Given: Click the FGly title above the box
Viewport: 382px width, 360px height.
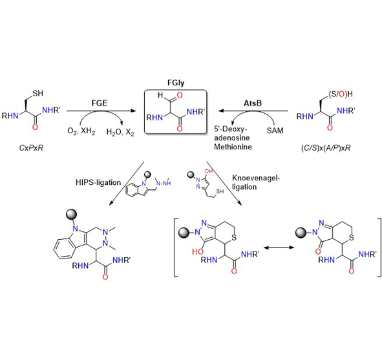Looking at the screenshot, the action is point(176,83).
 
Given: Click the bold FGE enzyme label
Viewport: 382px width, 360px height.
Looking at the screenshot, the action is point(100,103).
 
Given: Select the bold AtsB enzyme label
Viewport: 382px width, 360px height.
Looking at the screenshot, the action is point(253,103).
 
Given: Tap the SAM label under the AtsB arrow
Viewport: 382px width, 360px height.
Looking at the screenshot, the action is point(275,131).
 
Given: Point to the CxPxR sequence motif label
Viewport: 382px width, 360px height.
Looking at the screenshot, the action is point(31,148).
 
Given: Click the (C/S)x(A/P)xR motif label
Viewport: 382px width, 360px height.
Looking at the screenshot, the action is point(326,148).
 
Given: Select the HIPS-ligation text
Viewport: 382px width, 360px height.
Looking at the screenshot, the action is point(98,182).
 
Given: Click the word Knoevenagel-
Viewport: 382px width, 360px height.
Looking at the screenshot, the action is point(256,178).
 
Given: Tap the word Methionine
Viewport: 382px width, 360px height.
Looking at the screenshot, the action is point(233,147).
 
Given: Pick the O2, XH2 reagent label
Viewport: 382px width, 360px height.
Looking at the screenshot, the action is point(81,132).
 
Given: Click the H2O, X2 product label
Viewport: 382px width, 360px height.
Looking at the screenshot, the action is point(120,132).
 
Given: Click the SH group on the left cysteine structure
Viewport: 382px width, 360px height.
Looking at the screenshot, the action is point(37,93).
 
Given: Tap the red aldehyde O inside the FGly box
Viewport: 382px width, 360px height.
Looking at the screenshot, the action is point(180,95).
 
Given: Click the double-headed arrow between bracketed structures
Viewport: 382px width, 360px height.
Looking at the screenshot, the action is point(279,248).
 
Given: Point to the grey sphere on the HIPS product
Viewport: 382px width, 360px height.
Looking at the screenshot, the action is point(71,215).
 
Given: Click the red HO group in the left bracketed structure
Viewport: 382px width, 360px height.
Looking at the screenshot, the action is point(198,251).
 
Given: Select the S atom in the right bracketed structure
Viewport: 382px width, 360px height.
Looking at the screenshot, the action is point(351,238).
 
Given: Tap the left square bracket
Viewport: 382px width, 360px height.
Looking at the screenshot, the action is point(176,248).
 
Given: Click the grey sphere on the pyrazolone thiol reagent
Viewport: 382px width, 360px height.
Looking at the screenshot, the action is point(191,175).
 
